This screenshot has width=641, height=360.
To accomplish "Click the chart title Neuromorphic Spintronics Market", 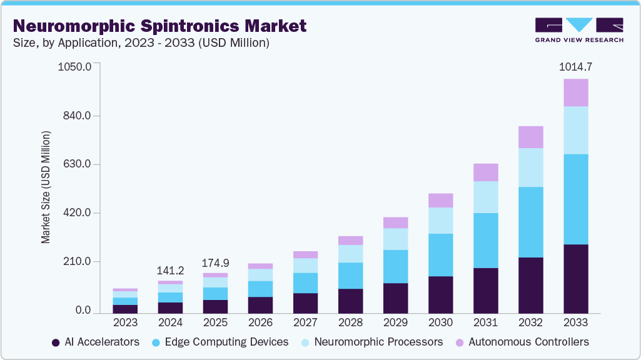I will click(160, 26).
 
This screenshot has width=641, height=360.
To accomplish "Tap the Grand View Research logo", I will click(578, 29).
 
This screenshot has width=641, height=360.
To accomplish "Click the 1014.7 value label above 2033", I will click(575, 67).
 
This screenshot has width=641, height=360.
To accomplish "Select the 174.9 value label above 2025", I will click(215, 263).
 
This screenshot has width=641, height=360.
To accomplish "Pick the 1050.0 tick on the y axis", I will click(75, 67).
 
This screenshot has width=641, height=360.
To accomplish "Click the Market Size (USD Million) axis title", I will click(46, 187).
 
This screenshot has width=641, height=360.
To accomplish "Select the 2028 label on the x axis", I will click(350, 323).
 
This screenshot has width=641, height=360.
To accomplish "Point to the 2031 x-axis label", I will click(485, 323).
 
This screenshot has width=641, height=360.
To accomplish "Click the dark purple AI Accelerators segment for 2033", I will click(575, 279).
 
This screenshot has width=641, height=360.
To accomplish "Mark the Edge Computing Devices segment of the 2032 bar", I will click(530, 222).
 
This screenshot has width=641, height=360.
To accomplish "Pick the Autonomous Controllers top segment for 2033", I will click(575, 92).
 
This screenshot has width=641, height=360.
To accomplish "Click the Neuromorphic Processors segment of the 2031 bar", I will click(485, 197).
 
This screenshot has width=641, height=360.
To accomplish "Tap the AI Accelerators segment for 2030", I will click(440, 294).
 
